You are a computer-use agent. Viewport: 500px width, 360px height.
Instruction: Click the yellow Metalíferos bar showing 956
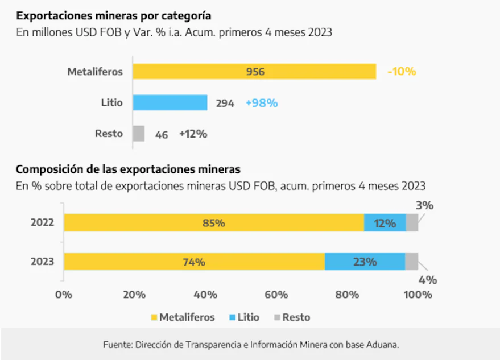(x=254, y=72)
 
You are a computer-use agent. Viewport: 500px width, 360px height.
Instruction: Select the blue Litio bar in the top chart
(x=170, y=103)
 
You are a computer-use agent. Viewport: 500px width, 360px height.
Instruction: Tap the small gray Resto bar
(x=138, y=134)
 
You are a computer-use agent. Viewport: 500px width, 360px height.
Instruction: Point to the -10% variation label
(x=402, y=72)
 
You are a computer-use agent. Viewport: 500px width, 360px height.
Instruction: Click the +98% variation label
(x=261, y=103)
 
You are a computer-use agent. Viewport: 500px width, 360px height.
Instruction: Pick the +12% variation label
(x=193, y=134)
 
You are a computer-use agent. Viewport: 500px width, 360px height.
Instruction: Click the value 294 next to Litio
(x=225, y=104)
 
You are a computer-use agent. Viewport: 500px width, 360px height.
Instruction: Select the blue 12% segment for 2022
(x=385, y=223)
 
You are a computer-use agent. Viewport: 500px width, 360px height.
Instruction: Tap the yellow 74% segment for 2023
(x=194, y=262)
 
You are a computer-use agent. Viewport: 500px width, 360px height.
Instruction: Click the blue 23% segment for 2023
(x=365, y=262)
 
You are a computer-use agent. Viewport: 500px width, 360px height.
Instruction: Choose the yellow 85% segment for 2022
(x=213, y=223)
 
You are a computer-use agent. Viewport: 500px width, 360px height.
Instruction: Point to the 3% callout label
(x=425, y=206)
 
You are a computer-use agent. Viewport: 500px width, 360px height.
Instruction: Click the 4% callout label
(x=428, y=279)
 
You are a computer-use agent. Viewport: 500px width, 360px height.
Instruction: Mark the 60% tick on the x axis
(x=276, y=295)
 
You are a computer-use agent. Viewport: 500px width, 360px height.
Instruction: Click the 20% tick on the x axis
(x=134, y=295)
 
